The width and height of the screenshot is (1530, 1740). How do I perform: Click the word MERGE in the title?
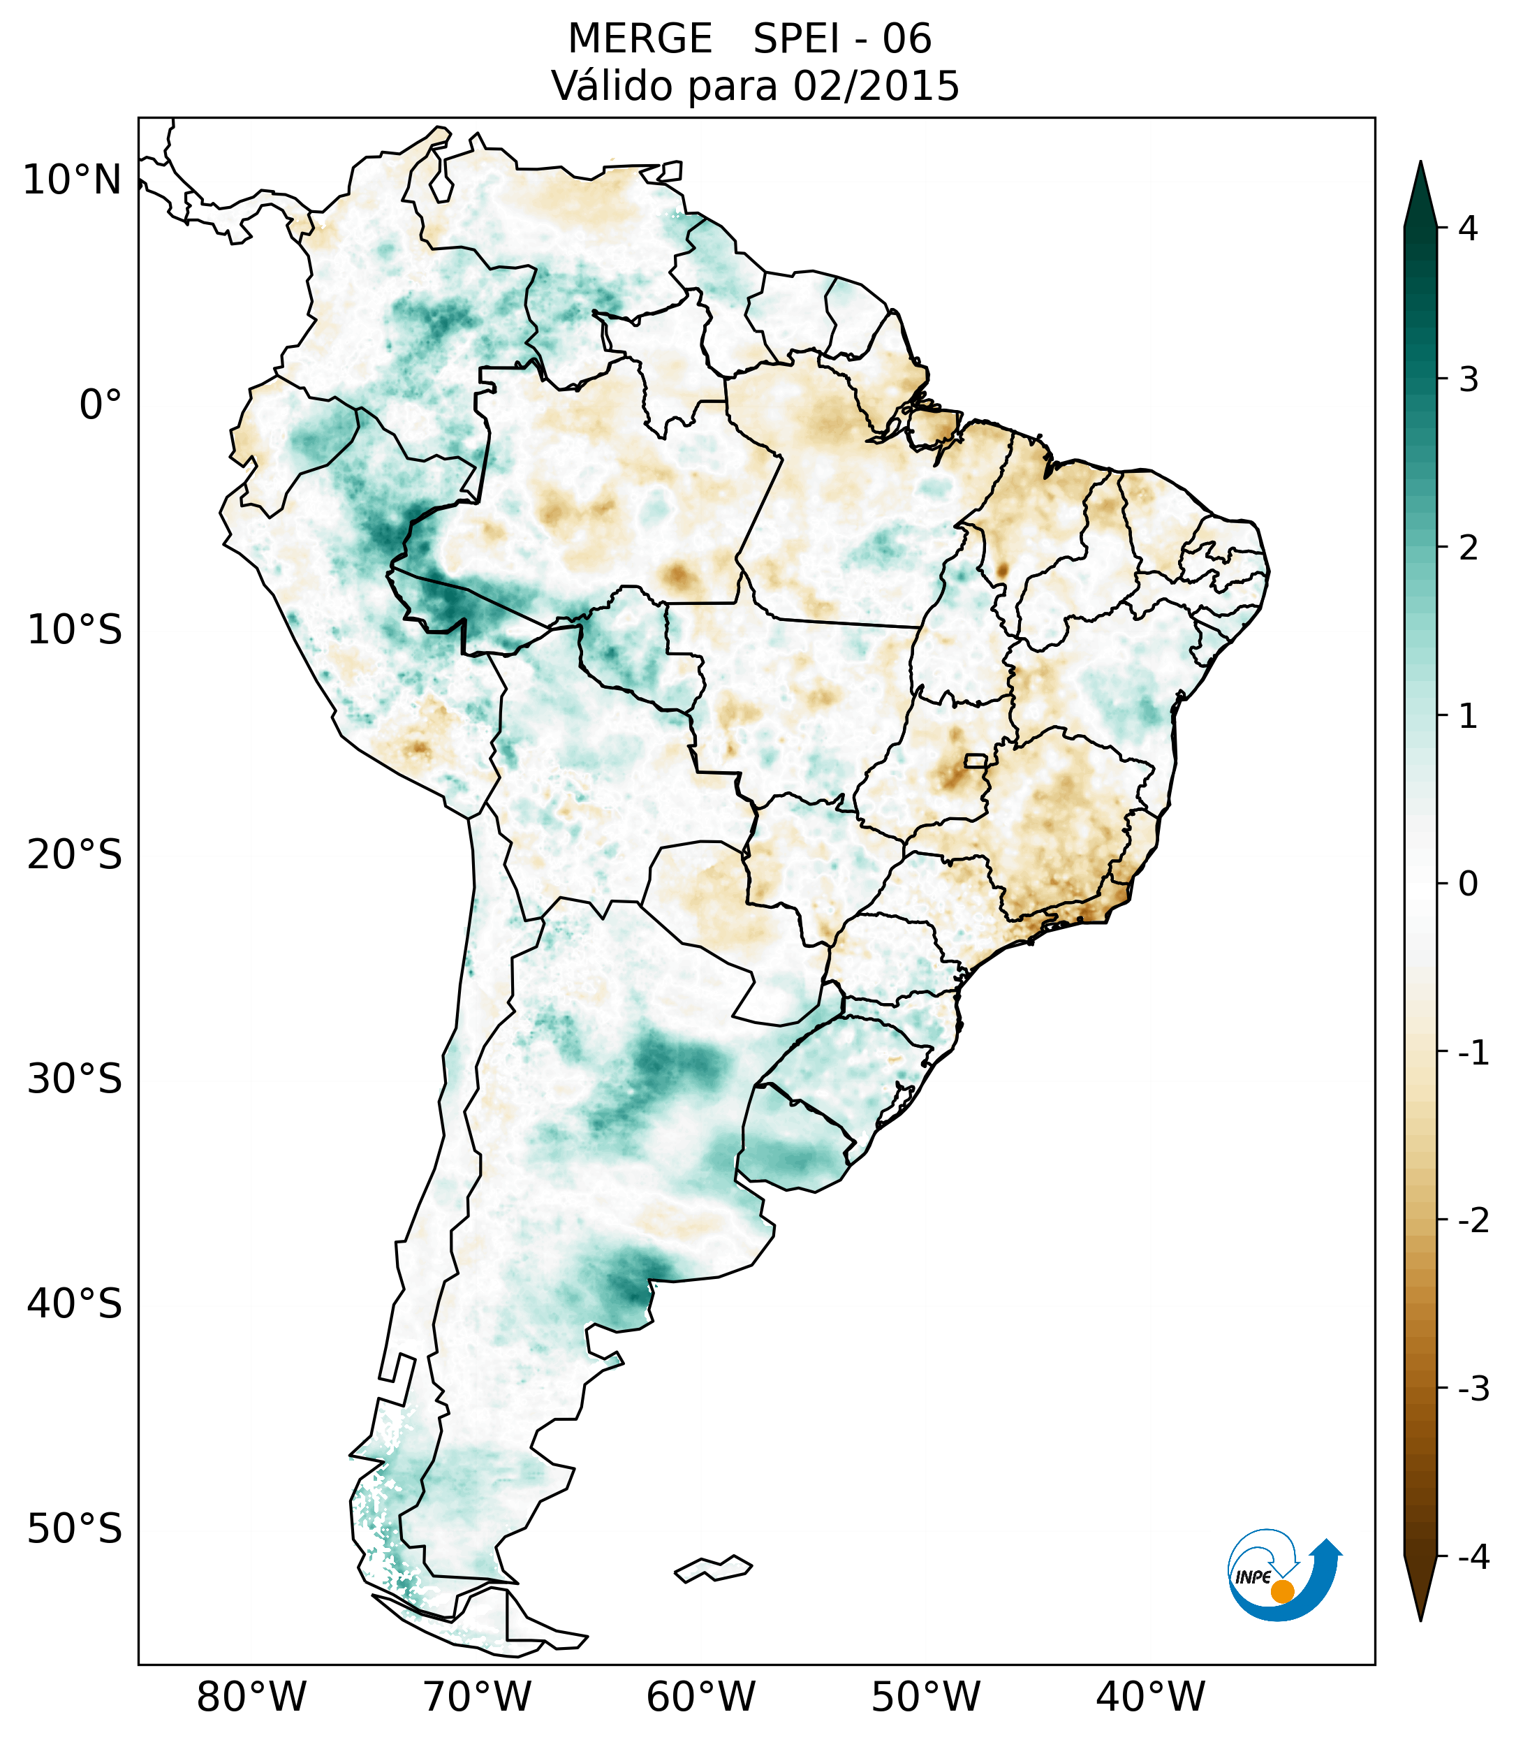(639, 39)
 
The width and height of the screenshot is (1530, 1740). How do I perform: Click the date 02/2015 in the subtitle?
(876, 86)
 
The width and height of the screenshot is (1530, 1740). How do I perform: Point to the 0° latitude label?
(101, 404)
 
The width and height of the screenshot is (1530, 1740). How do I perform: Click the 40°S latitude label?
(75, 1303)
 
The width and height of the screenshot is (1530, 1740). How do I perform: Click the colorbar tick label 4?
(1468, 228)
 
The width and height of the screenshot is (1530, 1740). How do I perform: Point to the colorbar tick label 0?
(1468, 884)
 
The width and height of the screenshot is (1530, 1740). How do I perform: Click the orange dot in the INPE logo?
(1281, 1591)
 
